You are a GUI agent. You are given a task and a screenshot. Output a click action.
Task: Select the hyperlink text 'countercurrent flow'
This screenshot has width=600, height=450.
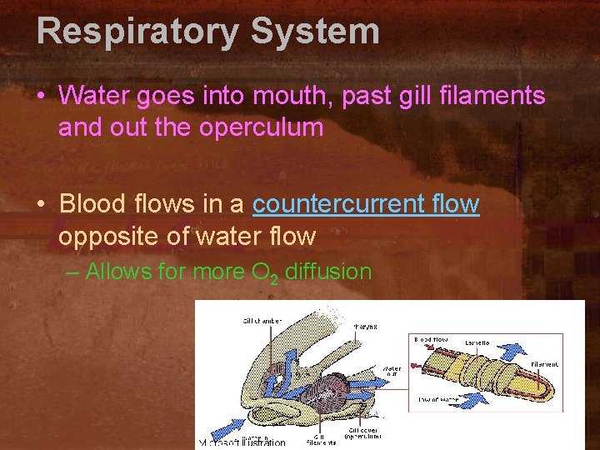pyautogui.click(x=366, y=204)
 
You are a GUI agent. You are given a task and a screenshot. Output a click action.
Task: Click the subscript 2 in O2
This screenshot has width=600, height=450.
pyautogui.click(x=273, y=276)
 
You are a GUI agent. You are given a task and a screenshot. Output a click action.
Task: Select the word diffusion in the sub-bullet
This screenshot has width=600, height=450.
pyautogui.click(x=328, y=271)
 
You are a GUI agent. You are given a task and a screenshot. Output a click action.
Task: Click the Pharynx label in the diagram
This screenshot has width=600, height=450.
pyautogui.click(x=365, y=327)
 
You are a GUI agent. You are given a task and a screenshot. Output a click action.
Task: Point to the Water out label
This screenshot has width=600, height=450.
pyautogui.click(x=391, y=369)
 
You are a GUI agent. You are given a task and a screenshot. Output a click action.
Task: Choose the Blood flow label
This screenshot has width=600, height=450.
pyautogui.click(x=430, y=339)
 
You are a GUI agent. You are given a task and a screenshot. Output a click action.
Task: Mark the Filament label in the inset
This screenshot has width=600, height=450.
pyautogui.click(x=546, y=364)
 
